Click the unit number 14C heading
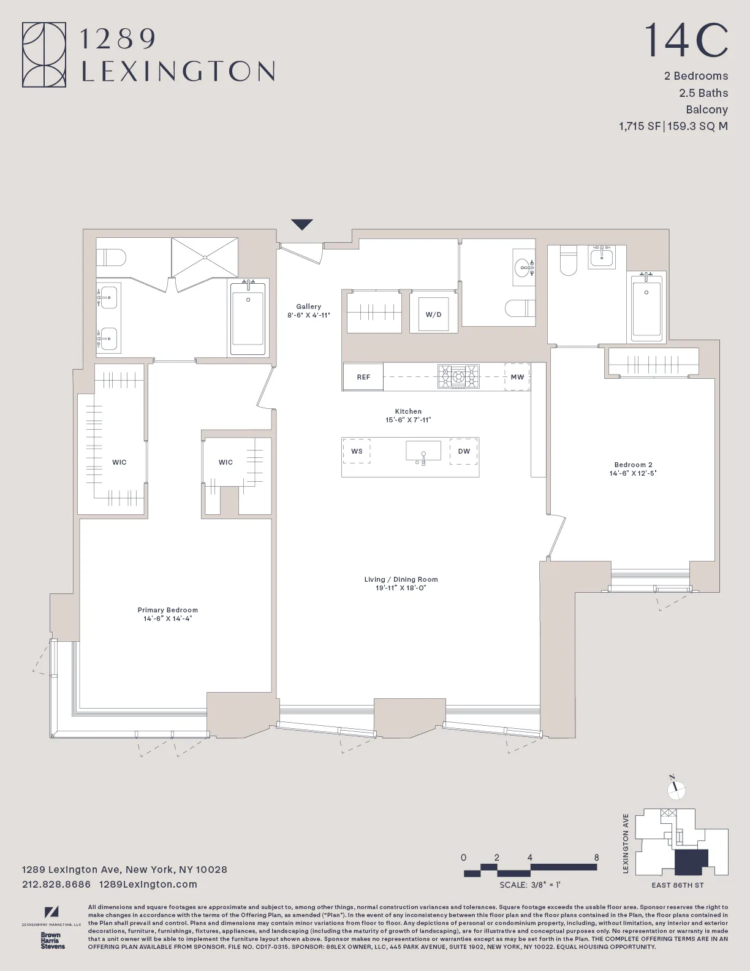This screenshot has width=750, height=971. [686, 40]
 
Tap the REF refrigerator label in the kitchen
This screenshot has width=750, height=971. [363, 377]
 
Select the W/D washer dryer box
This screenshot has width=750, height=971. [433, 314]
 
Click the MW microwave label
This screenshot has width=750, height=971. [517, 377]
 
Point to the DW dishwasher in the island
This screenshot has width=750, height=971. [464, 451]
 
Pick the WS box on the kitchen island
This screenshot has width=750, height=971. [357, 451]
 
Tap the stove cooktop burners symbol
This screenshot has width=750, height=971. [458, 376]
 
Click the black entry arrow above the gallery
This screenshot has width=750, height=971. [302, 224]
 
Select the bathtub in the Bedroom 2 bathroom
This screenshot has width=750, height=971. [646, 307]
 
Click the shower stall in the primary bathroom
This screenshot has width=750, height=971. [204, 257]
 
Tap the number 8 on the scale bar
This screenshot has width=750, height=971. [596, 858]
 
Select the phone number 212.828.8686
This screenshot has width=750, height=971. [56, 885]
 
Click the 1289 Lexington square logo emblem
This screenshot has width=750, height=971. [44, 55]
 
